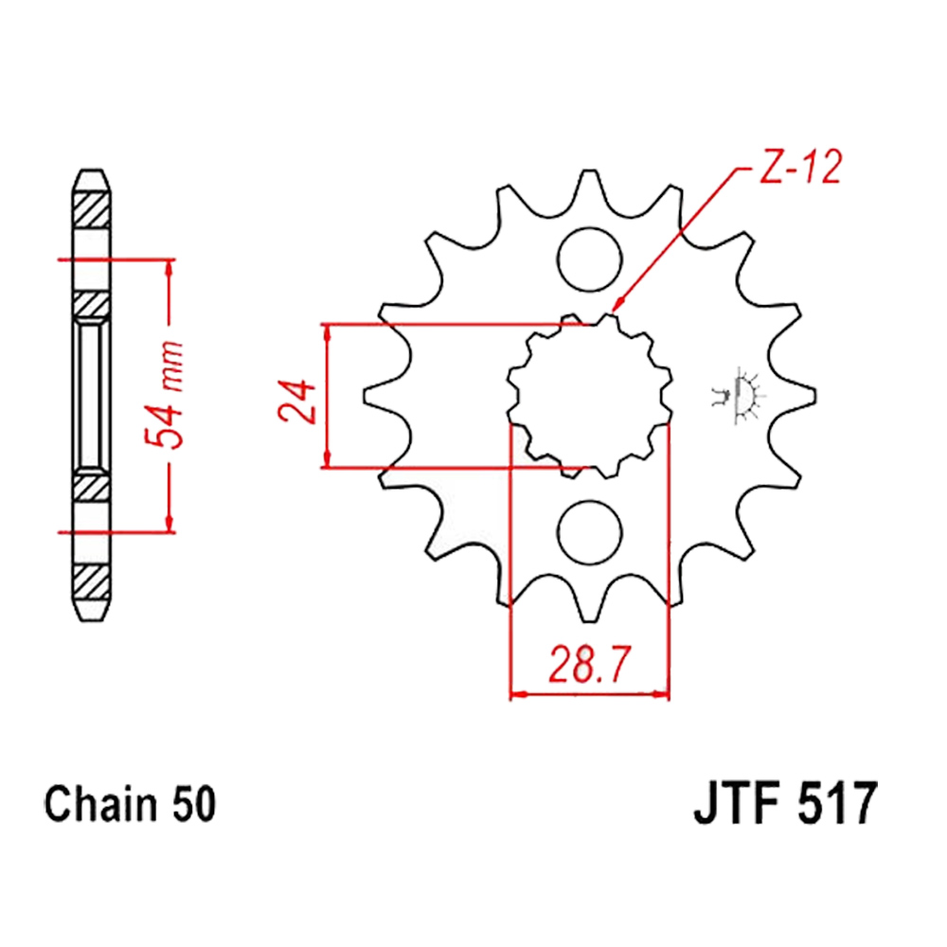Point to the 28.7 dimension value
(x=589, y=665)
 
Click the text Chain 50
(x=130, y=804)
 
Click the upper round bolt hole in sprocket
(x=589, y=259)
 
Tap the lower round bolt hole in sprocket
(x=589, y=532)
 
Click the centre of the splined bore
(x=589, y=396)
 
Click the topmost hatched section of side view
(x=91, y=209)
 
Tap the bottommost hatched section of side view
(x=91, y=582)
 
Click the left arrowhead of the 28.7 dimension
(x=518, y=695)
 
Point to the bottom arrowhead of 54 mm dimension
(x=170, y=525)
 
